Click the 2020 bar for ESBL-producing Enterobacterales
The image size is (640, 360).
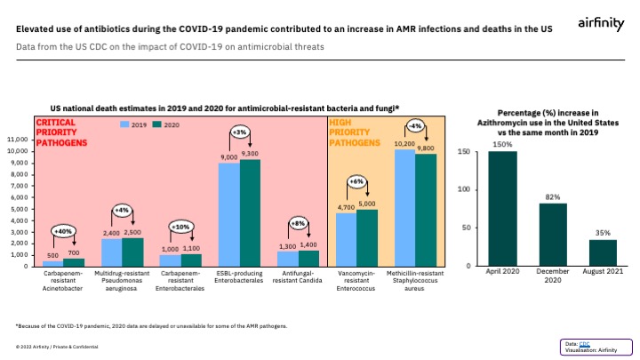click(251, 212)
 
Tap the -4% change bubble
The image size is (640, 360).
click(415, 125)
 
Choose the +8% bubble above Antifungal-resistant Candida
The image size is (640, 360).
click(298, 223)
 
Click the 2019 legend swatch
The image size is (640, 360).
click(126, 125)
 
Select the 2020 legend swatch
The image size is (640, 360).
click(159, 125)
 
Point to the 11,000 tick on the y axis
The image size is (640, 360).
click(18, 140)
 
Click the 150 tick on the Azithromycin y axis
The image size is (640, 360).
click(463, 152)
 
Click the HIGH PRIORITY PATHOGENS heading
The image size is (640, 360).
click(350, 132)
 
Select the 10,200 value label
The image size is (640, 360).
click(404, 143)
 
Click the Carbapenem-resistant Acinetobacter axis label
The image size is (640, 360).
click(65, 280)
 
